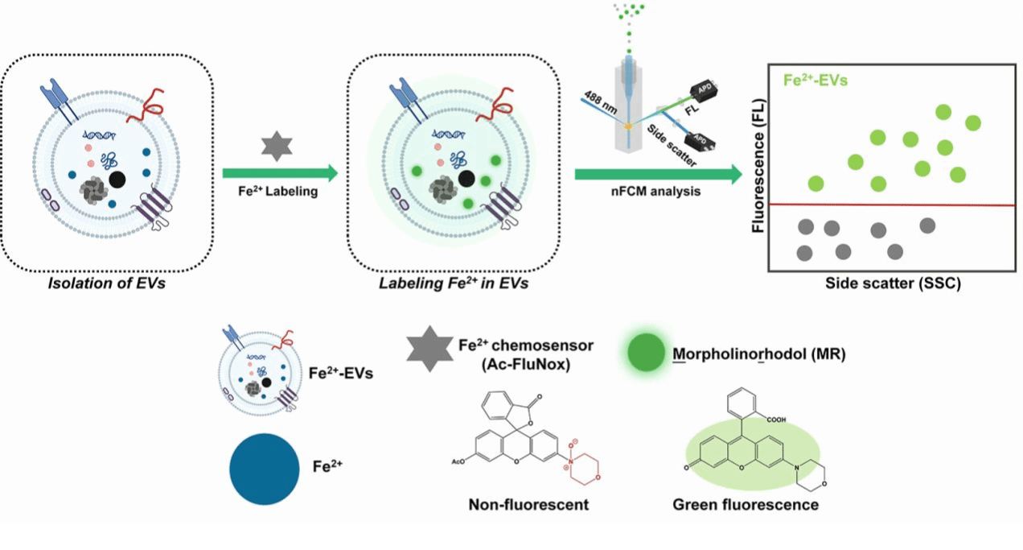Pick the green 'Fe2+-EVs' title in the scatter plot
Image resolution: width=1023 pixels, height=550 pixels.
click(x=817, y=81)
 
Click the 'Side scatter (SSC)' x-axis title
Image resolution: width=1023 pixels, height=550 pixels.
click(x=893, y=284)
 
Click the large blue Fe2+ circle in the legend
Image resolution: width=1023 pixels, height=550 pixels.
click(x=262, y=469)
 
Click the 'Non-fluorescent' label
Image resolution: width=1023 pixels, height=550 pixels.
click(x=528, y=505)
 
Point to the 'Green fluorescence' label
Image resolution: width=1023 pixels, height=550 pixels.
click(x=746, y=505)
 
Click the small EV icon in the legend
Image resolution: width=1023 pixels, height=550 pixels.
click(x=258, y=370)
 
